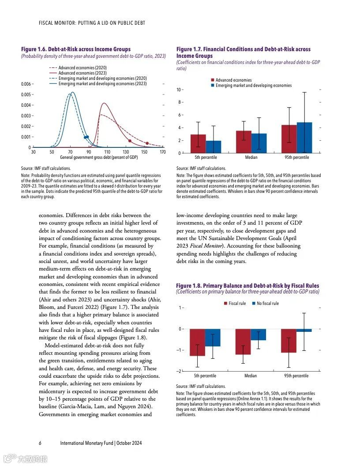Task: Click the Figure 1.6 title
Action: point(76,49)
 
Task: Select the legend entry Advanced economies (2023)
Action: point(82,73)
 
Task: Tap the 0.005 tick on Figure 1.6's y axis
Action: point(26,95)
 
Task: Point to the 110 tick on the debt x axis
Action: point(107,152)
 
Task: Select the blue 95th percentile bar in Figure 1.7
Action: point(304,138)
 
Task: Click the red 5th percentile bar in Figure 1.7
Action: point(198,144)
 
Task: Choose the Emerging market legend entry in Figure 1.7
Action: point(253,86)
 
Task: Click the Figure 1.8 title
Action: point(247,286)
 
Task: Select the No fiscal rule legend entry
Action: point(267,304)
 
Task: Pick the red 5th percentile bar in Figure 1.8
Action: point(197,342)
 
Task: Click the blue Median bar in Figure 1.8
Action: point(259,334)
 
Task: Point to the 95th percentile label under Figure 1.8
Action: point(296,376)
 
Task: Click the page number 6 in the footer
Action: point(40,443)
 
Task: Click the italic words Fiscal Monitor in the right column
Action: point(210,246)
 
